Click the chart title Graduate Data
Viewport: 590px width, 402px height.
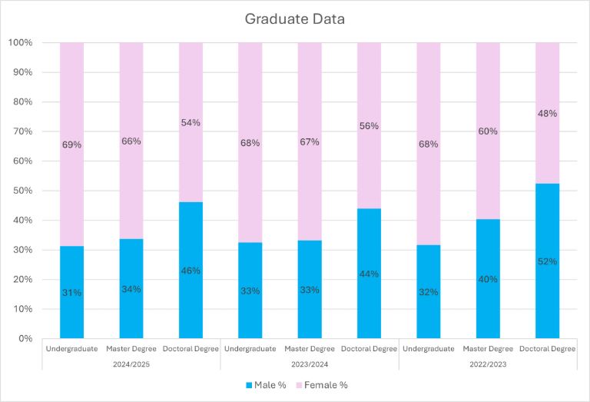click(x=294, y=18)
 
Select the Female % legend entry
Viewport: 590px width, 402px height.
click(x=330, y=384)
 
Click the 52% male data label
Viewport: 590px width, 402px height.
click(x=547, y=261)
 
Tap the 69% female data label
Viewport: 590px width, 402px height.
click(x=71, y=145)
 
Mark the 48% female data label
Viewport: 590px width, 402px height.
click(x=547, y=113)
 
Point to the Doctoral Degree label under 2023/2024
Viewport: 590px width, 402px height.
click(x=369, y=348)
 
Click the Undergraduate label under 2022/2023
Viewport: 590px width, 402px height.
click(x=429, y=348)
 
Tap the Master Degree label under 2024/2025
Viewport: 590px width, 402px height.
click(x=131, y=348)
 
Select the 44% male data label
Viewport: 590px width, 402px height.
click(x=369, y=273)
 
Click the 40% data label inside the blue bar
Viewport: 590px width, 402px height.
click(x=488, y=279)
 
